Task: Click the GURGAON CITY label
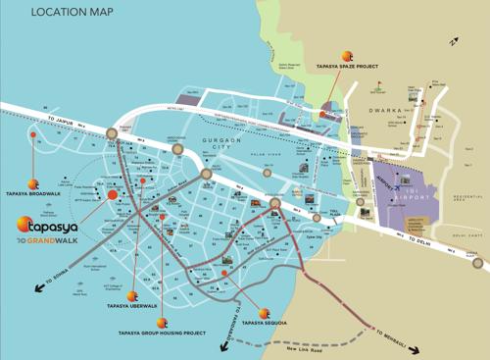220,146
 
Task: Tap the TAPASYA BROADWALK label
34,194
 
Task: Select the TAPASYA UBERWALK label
157,305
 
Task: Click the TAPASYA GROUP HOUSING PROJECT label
162,333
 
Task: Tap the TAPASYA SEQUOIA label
264,323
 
